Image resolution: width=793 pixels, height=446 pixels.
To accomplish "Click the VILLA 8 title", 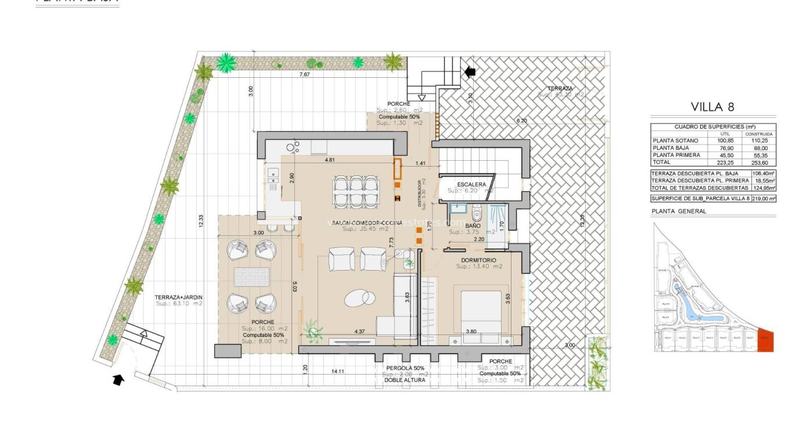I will [713, 107].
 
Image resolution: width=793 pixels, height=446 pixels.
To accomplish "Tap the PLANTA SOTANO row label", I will [675, 141].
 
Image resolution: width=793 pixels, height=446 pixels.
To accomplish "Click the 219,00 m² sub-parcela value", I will [763, 198].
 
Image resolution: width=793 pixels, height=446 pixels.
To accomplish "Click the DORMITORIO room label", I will [478, 260].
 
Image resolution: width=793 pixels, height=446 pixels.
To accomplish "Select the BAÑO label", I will [473, 225].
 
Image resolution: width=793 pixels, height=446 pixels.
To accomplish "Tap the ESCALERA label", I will [471, 185].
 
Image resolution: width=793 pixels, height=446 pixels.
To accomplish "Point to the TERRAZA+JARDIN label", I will [178, 297].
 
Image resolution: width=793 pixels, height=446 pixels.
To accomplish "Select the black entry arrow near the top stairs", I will [469, 71].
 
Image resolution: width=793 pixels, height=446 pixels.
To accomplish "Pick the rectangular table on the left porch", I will [251, 277].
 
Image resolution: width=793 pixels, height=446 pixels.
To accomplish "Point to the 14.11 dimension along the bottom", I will [338, 371].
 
